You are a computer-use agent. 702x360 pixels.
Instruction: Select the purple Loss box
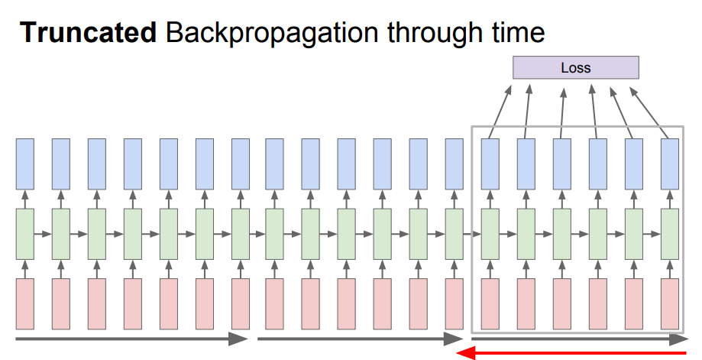[575, 67]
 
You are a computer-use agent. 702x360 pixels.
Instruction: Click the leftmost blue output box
[25, 164]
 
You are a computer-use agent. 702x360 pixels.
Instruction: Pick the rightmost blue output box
[670, 164]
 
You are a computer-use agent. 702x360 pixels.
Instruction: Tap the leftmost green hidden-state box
[25, 233]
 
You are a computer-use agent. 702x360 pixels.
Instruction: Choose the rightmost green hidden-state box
[670, 233]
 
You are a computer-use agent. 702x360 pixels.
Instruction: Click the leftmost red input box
[25, 303]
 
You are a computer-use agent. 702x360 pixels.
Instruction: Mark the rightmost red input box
[670, 303]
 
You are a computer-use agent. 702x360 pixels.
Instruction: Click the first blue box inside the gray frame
[490, 164]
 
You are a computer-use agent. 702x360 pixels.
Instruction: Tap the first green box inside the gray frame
[490, 233]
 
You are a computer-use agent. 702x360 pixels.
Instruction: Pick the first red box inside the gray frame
[490, 303]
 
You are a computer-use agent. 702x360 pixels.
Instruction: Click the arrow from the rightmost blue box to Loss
[649, 112]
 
